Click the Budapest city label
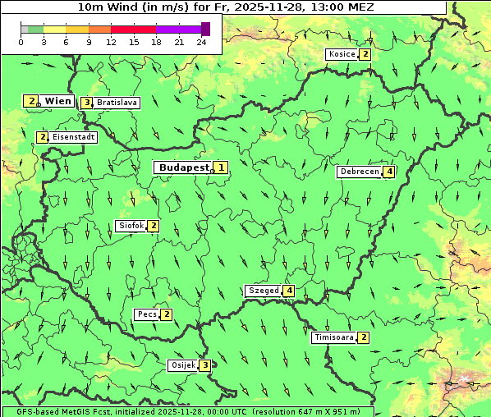pyautogui.click(x=183, y=167)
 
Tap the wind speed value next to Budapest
pyautogui.click(x=220, y=167)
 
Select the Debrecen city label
pyautogui.click(x=359, y=172)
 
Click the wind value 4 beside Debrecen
pyautogui.click(x=389, y=172)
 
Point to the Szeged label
pyautogui.click(x=263, y=291)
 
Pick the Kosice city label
pyautogui.click(x=342, y=54)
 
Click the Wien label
pyautogui.click(x=57, y=101)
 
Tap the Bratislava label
pyautogui.click(x=116, y=103)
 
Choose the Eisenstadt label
pyautogui.click(x=73, y=137)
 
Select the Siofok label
pyautogui.click(x=131, y=226)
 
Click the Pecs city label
pyautogui.click(x=147, y=314)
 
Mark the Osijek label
pyautogui.click(x=182, y=365)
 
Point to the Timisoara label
pyautogui.click(x=333, y=337)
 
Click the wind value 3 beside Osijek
pyautogui.click(x=204, y=365)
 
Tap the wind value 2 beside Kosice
pyautogui.click(x=365, y=54)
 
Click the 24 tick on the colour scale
pyautogui.click(x=202, y=42)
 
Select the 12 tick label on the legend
pyautogui.click(x=111, y=42)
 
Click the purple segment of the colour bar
pyautogui.click(x=178, y=29)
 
